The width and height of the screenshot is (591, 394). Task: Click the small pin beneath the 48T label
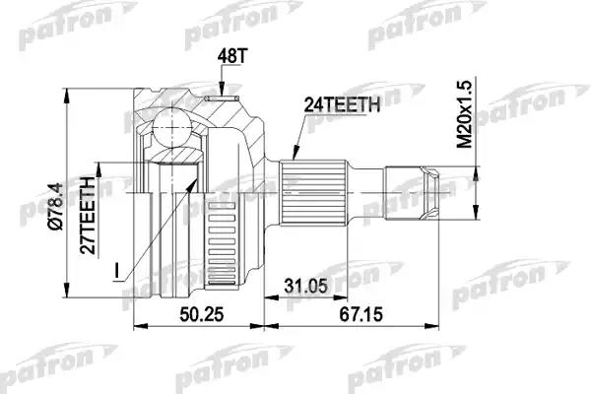[224, 96]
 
